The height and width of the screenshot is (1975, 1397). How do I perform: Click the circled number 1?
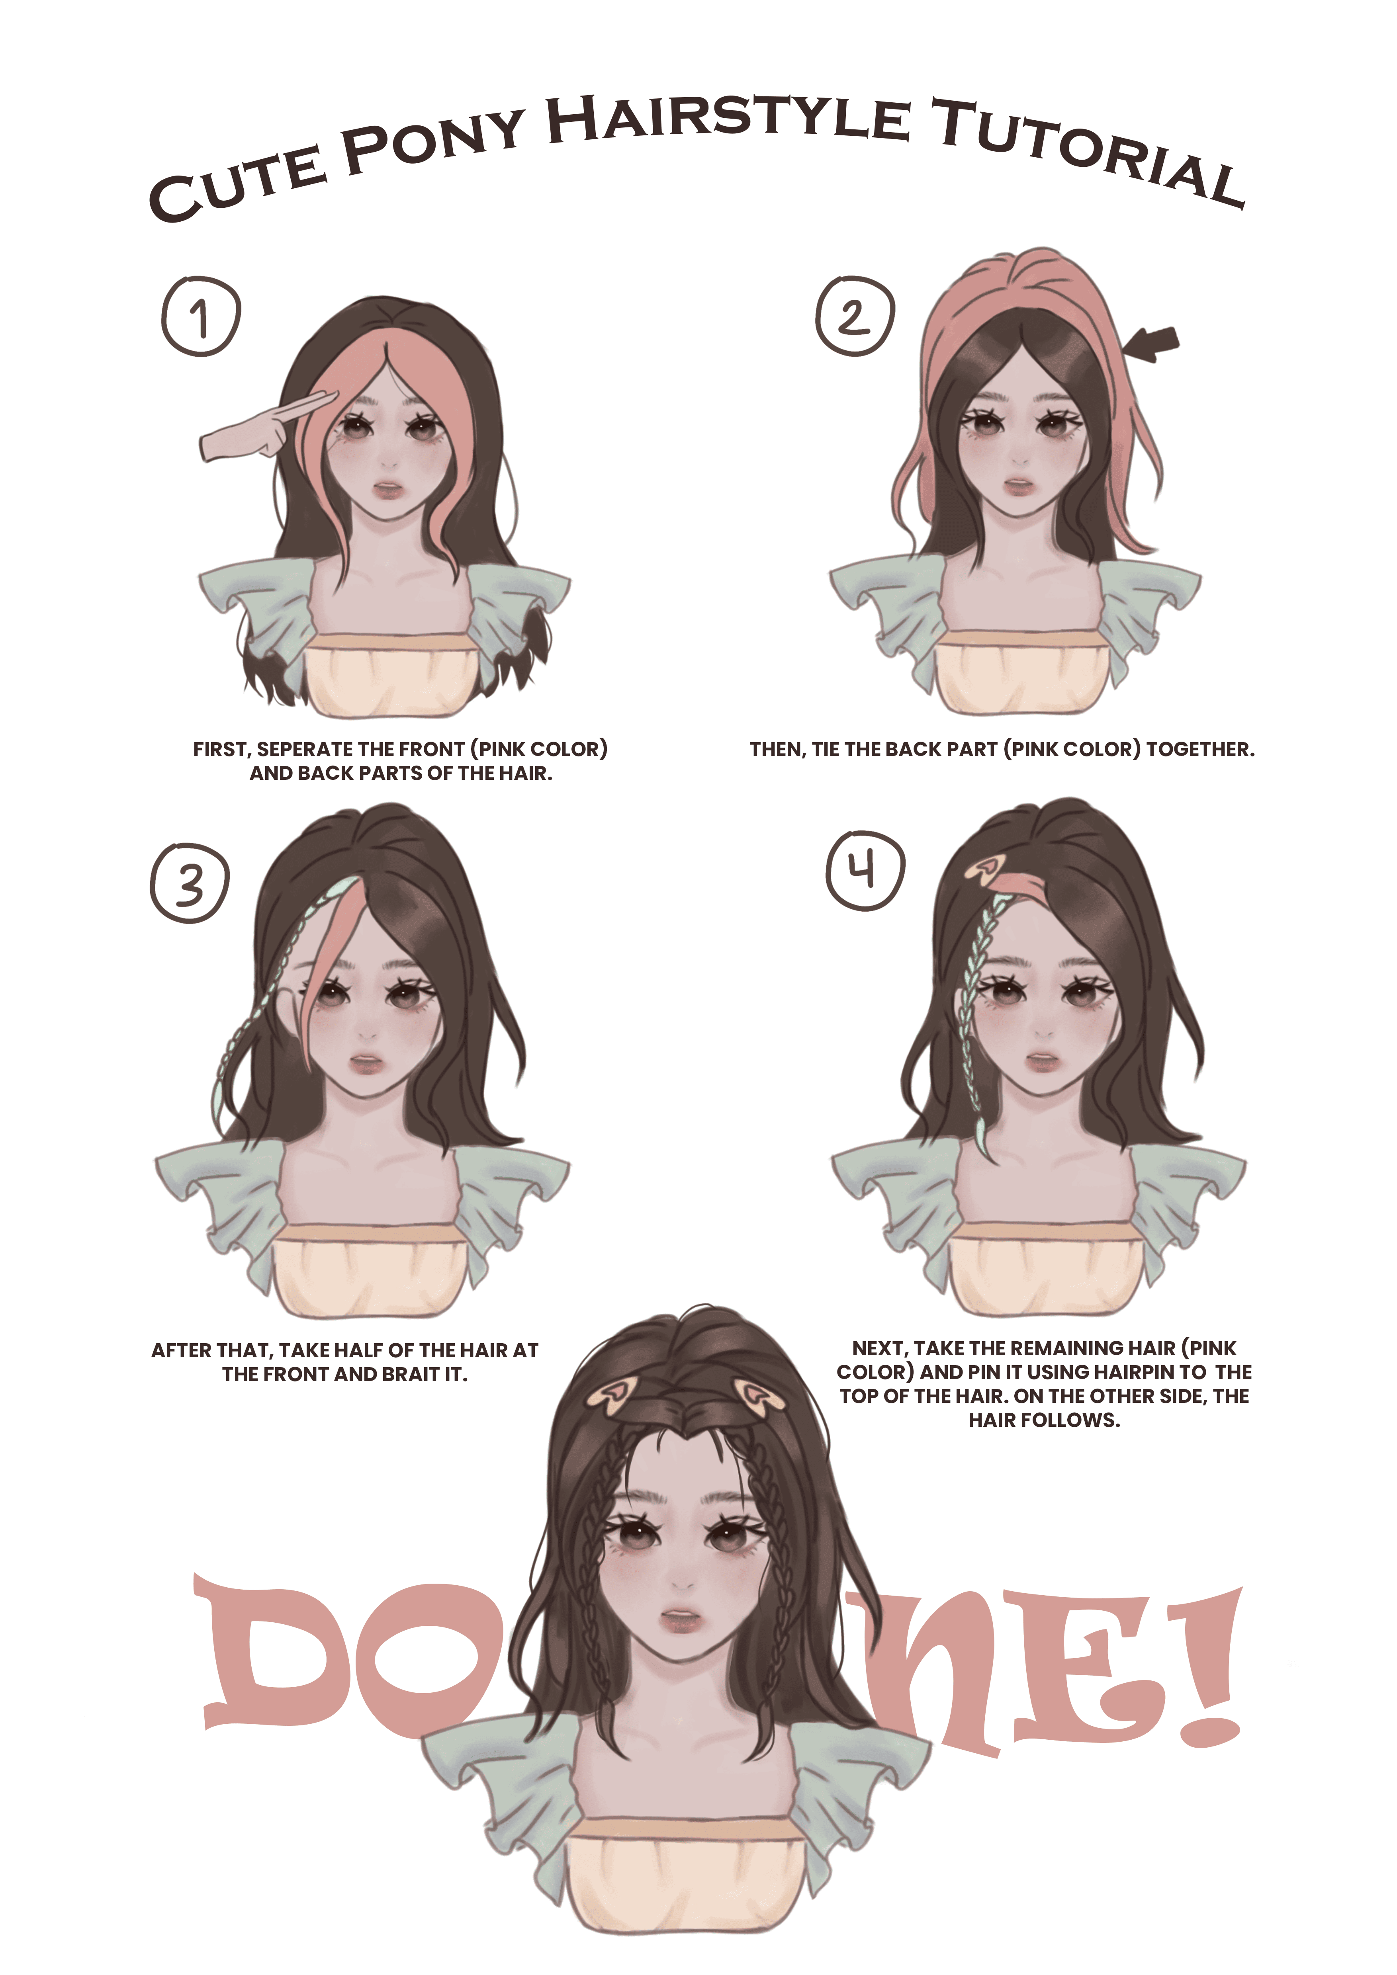tap(200, 316)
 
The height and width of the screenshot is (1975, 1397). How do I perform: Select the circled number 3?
tap(190, 883)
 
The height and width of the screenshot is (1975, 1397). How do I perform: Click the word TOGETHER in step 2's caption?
tap(1201, 749)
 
